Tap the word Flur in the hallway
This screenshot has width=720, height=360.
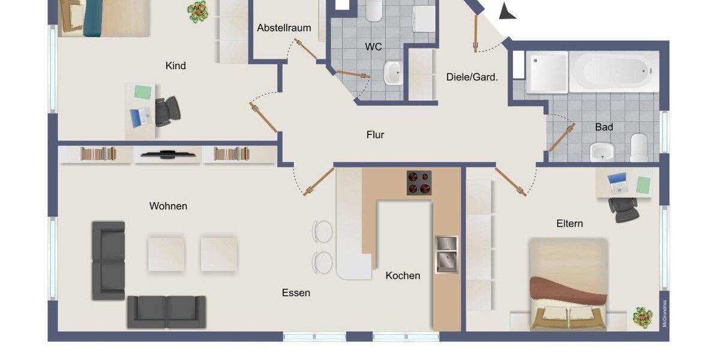pos(375,135)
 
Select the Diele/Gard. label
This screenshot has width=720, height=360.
pos(472,77)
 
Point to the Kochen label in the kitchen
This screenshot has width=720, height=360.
pos(403,275)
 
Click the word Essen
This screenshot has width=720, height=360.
pos(296,293)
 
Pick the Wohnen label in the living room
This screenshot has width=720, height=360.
pos(168,206)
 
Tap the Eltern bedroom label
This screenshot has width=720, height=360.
pos(569,223)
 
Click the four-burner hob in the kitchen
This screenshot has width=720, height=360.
pos(419,183)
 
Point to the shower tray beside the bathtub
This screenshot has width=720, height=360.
pos(547,72)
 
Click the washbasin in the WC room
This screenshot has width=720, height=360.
pos(394,74)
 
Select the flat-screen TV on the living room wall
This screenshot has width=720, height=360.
pos(167,154)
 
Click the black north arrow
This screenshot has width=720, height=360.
pos(507,10)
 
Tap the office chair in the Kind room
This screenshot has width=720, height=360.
pos(167,110)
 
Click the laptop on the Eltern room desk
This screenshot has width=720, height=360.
pos(617,182)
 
